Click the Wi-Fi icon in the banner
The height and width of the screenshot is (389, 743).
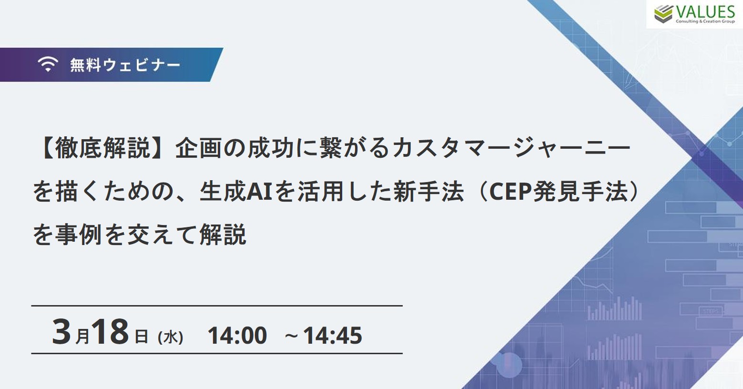(48, 64)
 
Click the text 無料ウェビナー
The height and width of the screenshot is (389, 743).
(125, 65)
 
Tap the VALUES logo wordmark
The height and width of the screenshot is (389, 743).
(705, 12)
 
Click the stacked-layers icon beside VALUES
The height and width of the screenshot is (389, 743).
(663, 14)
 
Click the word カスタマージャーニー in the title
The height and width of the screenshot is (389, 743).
(511, 148)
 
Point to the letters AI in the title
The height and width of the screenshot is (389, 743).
(259, 192)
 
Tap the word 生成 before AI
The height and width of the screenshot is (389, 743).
(223, 192)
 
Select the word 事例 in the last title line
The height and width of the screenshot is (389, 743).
(78, 235)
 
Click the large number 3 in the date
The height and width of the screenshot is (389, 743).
(61, 332)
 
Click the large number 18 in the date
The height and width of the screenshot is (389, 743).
(110, 332)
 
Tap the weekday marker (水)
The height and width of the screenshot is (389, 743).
(171, 338)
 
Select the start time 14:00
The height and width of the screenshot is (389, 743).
(237, 335)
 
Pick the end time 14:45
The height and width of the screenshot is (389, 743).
(332, 335)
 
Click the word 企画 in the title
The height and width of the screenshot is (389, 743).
(198, 148)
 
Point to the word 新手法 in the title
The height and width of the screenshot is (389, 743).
(428, 192)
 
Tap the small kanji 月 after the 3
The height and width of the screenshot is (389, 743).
(82, 336)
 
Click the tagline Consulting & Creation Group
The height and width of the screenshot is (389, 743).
(705, 21)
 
